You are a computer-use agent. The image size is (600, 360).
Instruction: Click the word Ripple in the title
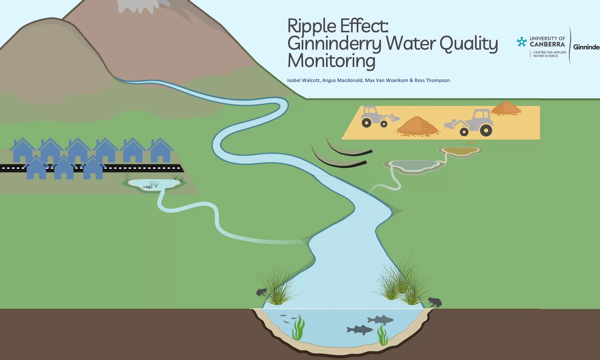click(312, 26)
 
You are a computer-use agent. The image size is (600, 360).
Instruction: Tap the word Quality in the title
click(468, 44)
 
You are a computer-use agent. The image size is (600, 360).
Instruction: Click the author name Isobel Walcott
click(303, 80)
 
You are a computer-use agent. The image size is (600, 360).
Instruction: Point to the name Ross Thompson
click(432, 80)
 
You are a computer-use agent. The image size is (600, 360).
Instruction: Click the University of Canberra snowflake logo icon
click(522, 42)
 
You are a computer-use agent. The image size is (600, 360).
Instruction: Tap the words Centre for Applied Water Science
click(549, 54)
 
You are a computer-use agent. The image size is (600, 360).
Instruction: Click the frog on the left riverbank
click(261, 292)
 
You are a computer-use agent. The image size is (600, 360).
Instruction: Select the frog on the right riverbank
click(435, 302)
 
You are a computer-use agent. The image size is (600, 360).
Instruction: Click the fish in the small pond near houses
click(148, 187)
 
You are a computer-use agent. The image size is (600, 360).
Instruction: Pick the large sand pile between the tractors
click(417, 126)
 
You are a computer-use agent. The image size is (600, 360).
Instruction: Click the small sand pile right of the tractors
click(506, 108)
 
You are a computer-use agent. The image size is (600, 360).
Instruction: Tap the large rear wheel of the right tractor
click(486, 130)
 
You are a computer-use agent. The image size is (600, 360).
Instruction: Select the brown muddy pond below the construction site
click(462, 152)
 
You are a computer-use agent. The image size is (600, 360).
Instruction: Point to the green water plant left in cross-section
click(298, 328)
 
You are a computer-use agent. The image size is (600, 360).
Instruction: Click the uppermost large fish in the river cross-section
click(380, 320)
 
